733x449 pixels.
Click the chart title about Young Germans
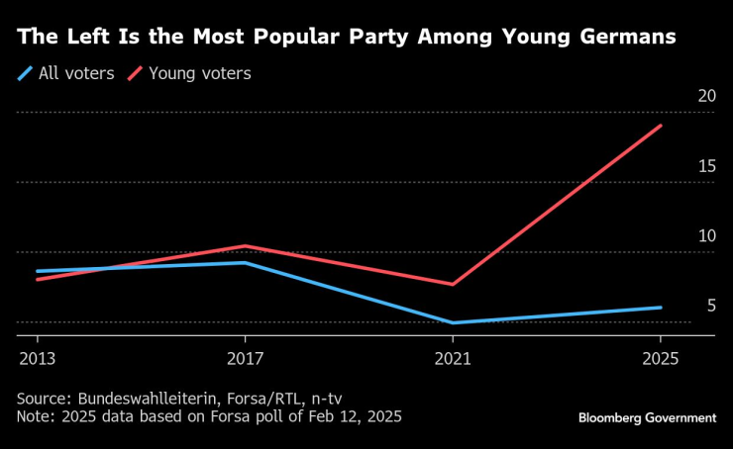[x=347, y=38]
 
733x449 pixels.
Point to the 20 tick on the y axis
[x=705, y=96]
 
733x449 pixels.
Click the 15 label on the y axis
[x=705, y=166]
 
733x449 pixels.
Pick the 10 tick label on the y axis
[x=705, y=236]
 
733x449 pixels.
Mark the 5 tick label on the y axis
[x=710, y=306]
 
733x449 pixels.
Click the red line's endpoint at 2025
[x=661, y=126]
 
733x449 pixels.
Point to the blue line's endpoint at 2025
[x=661, y=308]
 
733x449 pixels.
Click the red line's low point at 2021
[x=453, y=284]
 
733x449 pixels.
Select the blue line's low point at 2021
[x=453, y=322]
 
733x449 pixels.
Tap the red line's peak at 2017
[x=245, y=246]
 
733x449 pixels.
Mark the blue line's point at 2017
[x=245, y=263]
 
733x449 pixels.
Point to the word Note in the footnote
[x=34, y=416]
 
